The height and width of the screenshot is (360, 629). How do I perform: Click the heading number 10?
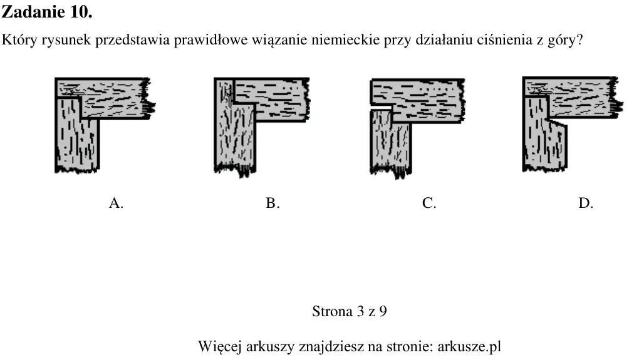tap(81, 12)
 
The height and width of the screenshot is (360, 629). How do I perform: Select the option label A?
tap(116, 203)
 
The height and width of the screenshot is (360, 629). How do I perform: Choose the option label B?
tap(273, 203)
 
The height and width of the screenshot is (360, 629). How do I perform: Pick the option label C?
tap(429, 203)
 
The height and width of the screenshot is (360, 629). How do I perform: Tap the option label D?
tap(586, 203)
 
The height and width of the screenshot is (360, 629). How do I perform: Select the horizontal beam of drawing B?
tap(271, 99)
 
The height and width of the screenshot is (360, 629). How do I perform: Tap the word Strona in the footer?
tap(332, 312)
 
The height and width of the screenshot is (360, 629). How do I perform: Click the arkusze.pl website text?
tap(469, 347)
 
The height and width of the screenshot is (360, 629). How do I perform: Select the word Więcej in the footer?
tap(220, 347)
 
